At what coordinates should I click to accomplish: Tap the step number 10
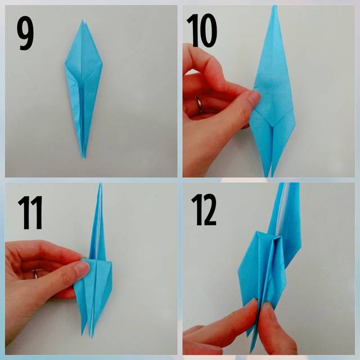pos(201,30)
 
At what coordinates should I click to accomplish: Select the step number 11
pos(30,213)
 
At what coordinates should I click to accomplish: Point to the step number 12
pos(204,210)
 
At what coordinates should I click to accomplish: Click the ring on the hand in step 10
pos(199,105)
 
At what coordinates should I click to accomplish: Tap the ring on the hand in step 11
pos(35,273)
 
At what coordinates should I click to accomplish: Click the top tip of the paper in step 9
pos(83,20)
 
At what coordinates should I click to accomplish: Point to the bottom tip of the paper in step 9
pos(84,159)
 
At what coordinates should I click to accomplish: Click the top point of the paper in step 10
pos(274,6)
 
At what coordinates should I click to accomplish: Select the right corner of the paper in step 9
pos(102,64)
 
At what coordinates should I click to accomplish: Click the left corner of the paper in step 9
pos(65,65)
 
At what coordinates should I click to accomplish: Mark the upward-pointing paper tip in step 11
pos(101,184)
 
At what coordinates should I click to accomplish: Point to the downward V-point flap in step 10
pos(272,126)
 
